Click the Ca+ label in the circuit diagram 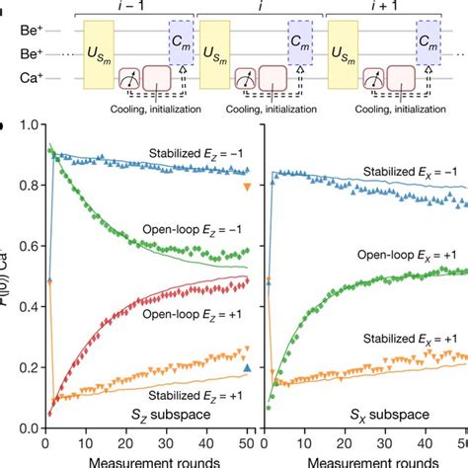tap(15, 75)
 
